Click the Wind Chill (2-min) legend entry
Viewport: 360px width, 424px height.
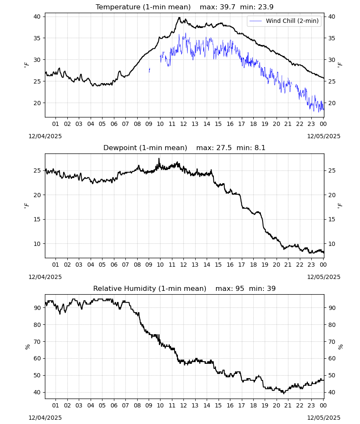coord(284,21)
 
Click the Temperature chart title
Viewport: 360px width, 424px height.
coord(143,7)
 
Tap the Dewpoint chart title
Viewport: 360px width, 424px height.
coord(145,148)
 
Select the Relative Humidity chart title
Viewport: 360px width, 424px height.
coord(150,288)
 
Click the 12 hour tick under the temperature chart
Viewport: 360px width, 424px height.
coord(183,124)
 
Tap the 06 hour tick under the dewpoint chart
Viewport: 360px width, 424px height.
coord(114,265)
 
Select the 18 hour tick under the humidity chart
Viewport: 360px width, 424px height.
coord(253,405)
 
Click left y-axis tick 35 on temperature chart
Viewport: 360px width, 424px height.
coord(37,38)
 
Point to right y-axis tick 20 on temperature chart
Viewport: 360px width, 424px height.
coord(332,103)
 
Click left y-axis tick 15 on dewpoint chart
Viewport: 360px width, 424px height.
coord(37,219)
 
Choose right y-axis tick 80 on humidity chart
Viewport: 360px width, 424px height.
coord(332,325)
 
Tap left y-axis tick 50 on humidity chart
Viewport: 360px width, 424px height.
coord(37,375)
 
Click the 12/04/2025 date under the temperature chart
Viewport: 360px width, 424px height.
coord(45,136)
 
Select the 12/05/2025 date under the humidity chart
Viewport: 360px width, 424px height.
coord(324,418)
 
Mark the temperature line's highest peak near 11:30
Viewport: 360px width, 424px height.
coord(179,17)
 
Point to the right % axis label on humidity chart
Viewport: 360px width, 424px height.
coord(341,347)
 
